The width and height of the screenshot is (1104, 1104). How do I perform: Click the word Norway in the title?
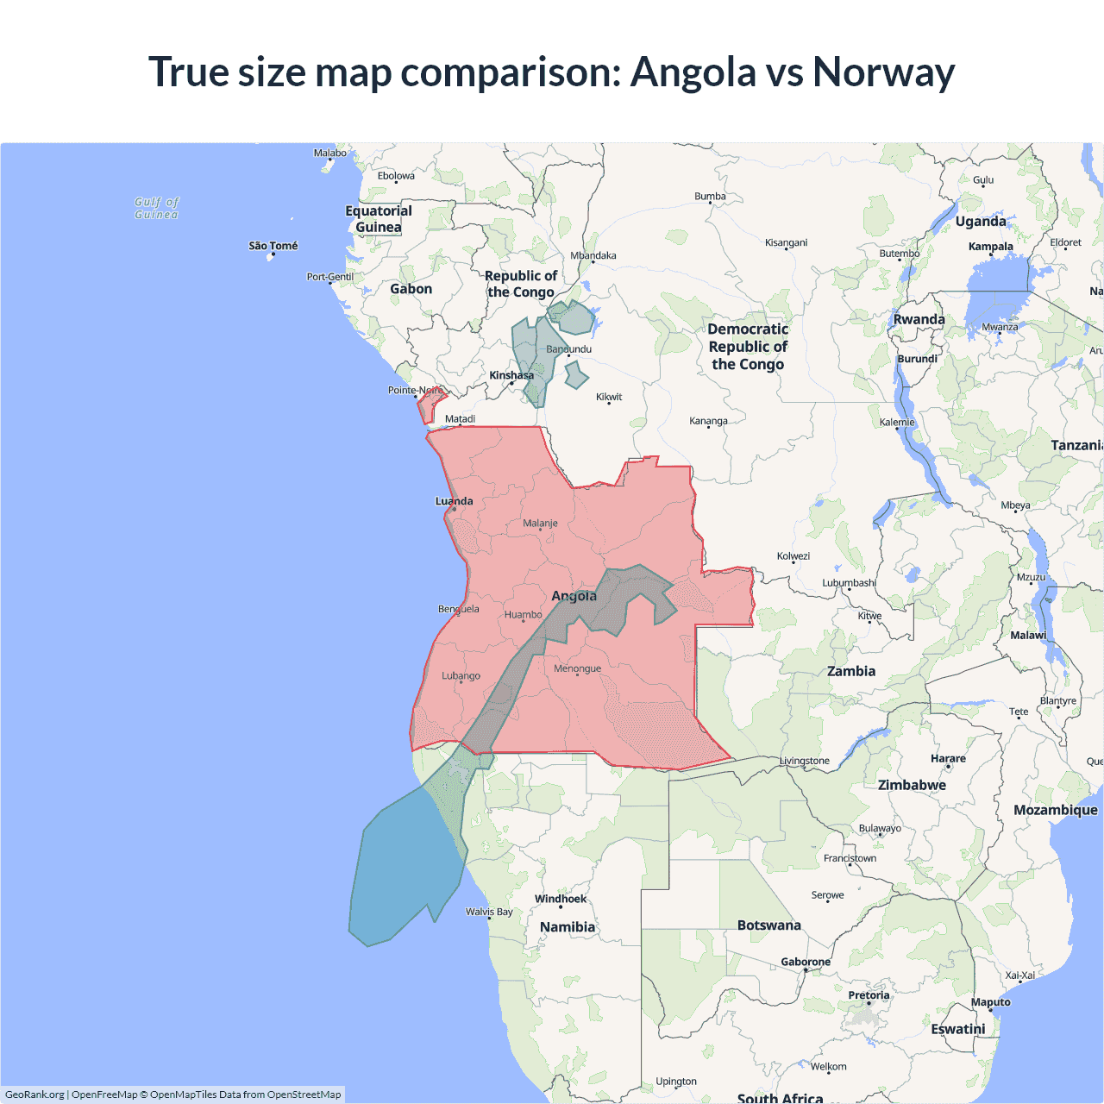pos(883,72)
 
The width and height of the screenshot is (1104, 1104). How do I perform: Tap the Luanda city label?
pos(454,501)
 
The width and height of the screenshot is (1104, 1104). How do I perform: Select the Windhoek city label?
pos(560,899)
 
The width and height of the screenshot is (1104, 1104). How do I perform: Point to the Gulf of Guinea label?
pos(156,208)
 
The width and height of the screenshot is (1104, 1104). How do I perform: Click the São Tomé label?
pos(273,246)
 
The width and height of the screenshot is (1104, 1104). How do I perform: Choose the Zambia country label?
pos(850,671)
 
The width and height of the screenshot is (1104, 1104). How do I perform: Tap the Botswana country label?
pos(768,925)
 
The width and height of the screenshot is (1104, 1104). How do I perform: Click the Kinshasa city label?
pos(511,375)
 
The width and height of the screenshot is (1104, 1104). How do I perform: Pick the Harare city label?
pos(948,759)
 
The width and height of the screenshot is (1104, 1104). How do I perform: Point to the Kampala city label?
pos(990,247)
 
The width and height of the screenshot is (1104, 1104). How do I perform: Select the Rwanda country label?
pos(919,319)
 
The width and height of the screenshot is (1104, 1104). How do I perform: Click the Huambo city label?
pos(523,615)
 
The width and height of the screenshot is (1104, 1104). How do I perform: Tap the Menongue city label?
pos(577,668)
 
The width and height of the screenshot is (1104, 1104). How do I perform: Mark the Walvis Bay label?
pos(489,912)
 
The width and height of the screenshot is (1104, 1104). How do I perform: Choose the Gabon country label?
pos(411,289)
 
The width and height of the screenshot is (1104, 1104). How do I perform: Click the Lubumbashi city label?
pos(849,583)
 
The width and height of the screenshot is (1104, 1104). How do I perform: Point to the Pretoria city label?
pos(869,995)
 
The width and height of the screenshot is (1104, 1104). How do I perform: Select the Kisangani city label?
pos(786,243)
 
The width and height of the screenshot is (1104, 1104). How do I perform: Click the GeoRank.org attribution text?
pos(34,1095)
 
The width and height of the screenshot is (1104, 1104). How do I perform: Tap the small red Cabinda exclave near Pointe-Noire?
pos(429,404)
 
